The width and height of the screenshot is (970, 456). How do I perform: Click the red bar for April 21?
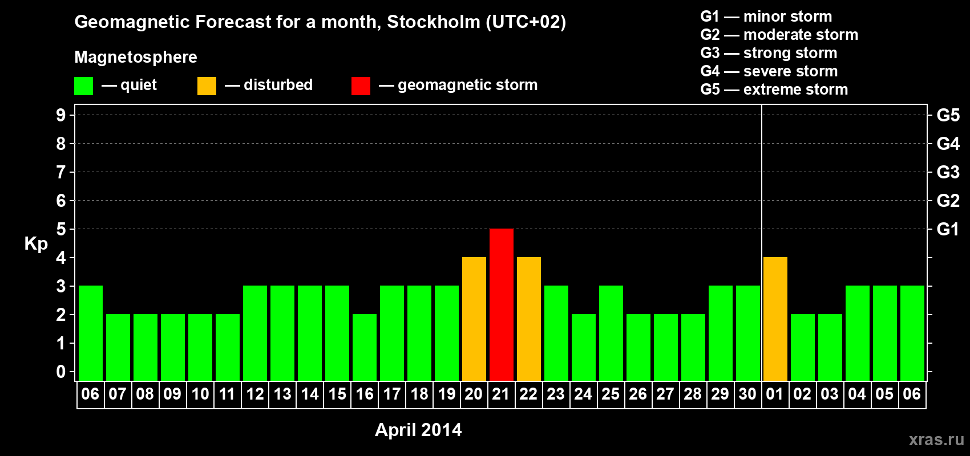[502, 304]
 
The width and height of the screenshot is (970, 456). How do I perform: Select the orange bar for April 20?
[474, 319]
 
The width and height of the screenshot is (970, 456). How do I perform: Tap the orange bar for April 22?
[529, 319]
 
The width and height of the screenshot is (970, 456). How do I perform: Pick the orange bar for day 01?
[775, 319]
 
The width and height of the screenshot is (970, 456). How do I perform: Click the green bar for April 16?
[365, 347]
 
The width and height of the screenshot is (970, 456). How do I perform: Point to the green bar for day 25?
[611, 333]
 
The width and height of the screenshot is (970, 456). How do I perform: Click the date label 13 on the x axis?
[282, 394]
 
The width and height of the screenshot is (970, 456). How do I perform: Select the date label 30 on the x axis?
[747, 394]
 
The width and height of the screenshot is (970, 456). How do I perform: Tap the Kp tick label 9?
[61, 115]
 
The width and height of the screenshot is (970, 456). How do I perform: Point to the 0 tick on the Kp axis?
[61, 372]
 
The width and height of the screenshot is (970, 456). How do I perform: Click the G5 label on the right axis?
[948, 115]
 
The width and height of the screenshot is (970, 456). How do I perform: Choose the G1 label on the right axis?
[948, 229]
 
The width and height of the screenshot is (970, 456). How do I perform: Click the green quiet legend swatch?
[83, 86]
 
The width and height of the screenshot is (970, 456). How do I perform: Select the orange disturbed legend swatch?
[207, 86]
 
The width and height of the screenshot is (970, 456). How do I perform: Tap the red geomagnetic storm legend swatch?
[361, 86]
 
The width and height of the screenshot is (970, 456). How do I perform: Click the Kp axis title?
[36, 243]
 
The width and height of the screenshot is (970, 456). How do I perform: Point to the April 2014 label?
[418, 430]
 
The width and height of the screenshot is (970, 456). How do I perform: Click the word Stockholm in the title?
[434, 22]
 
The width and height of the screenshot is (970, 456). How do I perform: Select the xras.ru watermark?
[936, 439]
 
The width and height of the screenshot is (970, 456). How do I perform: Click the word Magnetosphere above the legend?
[136, 57]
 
